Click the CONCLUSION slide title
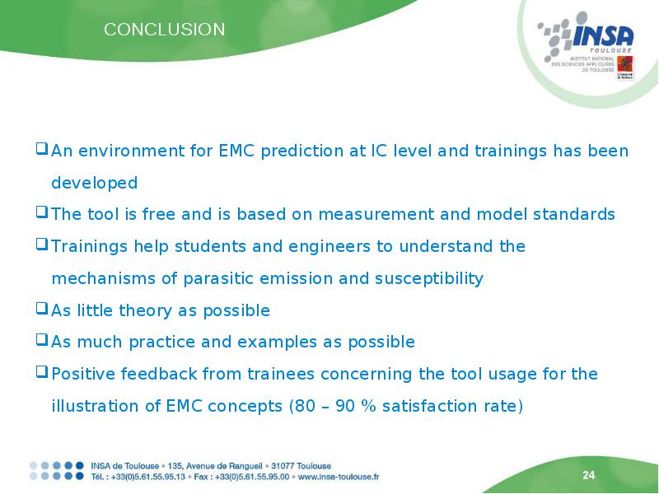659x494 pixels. tap(164, 30)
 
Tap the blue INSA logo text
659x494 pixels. tap(603, 35)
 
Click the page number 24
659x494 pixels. tap(589, 475)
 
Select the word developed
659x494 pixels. tap(95, 183)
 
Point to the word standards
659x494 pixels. tap(574, 214)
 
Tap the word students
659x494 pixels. tap(211, 246)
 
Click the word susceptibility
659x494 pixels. tap(429, 278)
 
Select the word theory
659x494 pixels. tap(146, 310)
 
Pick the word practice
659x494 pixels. tap(162, 342)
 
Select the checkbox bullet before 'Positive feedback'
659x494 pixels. tap(42, 372)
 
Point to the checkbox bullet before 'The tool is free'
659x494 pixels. tap(42, 212)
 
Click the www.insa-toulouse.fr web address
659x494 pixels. tap(339, 477)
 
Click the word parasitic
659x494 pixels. tap(218, 278)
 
